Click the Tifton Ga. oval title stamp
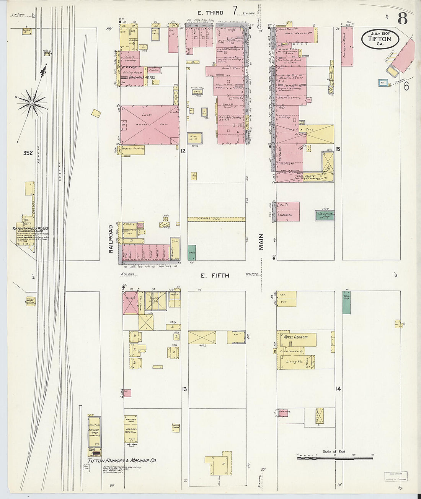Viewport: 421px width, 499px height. [x=380, y=39]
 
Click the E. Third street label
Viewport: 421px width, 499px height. [x=209, y=13]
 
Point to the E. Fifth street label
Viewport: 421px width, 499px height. [x=215, y=275]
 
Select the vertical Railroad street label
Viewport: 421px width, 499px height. [x=111, y=239]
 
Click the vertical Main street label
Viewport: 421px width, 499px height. [x=261, y=242]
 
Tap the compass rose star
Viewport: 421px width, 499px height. [x=32, y=102]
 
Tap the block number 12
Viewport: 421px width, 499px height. [x=183, y=151]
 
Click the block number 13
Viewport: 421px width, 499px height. [x=184, y=389]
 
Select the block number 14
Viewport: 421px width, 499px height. [x=338, y=389]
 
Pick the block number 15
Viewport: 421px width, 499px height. [x=338, y=149]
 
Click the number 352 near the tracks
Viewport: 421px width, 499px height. [x=28, y=153]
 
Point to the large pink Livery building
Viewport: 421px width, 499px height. [x=150, y=125]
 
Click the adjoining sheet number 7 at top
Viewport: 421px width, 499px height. [x=235, y=11]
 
